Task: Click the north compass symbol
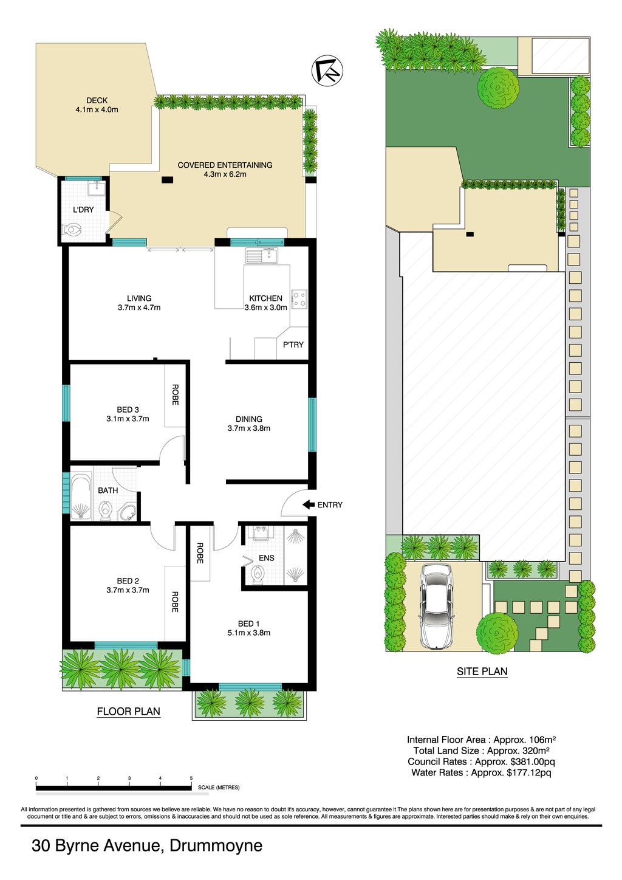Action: (x=327, y=70)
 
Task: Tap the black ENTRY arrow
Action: (x=309, y=504)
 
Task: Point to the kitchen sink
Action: (x=262, y=255)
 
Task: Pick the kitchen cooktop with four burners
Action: (x=299, y=298)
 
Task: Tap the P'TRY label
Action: (x=293, y=345)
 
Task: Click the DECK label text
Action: (x=97, y=100)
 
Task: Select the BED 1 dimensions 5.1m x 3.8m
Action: (x=248, y=633)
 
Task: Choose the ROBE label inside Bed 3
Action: (x=175, y=395)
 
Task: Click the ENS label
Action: (x=267, y=558)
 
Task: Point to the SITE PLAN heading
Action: (x=482, y=671)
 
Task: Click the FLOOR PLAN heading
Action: (x=129, y=711)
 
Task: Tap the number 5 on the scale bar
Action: (x=191, y=778)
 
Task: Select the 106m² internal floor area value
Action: (x=541, y=740)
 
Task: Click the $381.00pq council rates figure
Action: (x=533, y=761)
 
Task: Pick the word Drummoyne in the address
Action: (x=216, y=845)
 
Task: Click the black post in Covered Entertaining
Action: (x=167, y=180)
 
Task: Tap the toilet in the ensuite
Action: (x=258, y=575)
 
